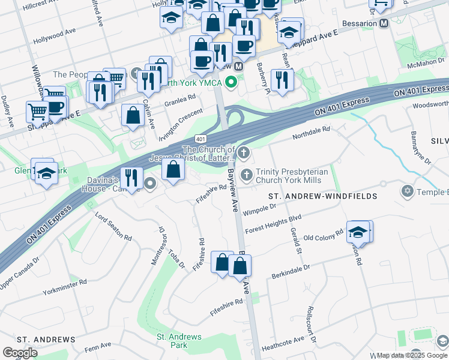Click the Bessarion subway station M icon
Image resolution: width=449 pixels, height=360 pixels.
point(384,23)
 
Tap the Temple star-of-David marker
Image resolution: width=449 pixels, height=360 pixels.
point(408,191)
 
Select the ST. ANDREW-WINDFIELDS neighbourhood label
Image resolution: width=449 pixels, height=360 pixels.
point(322,196)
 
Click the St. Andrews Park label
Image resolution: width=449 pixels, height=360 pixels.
point(179,341)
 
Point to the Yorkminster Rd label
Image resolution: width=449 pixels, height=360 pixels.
point(65,286)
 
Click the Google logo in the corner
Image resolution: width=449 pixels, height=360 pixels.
point(20,353)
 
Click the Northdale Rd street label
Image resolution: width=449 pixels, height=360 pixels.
point(312,130)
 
